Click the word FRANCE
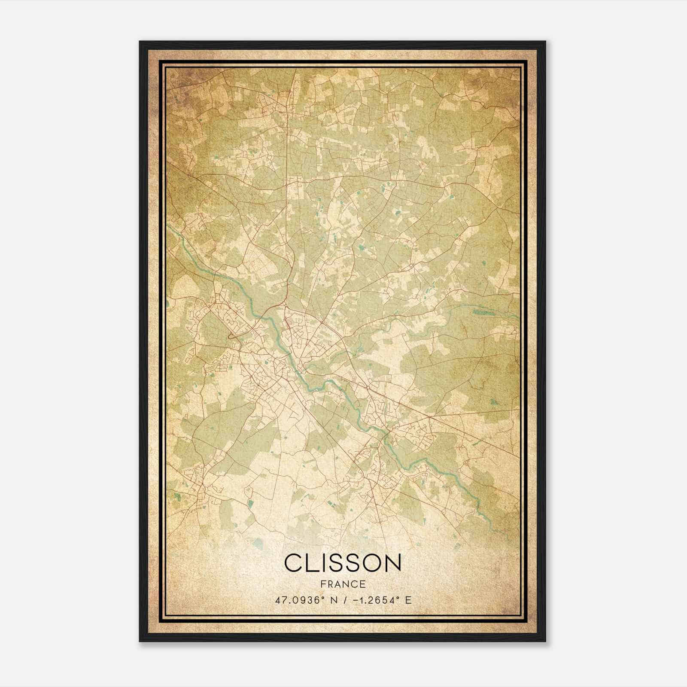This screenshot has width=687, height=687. [x=343, y=584]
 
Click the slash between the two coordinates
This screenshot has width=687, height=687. [x=343, y=600]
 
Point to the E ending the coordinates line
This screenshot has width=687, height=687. [x=408, y=600]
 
